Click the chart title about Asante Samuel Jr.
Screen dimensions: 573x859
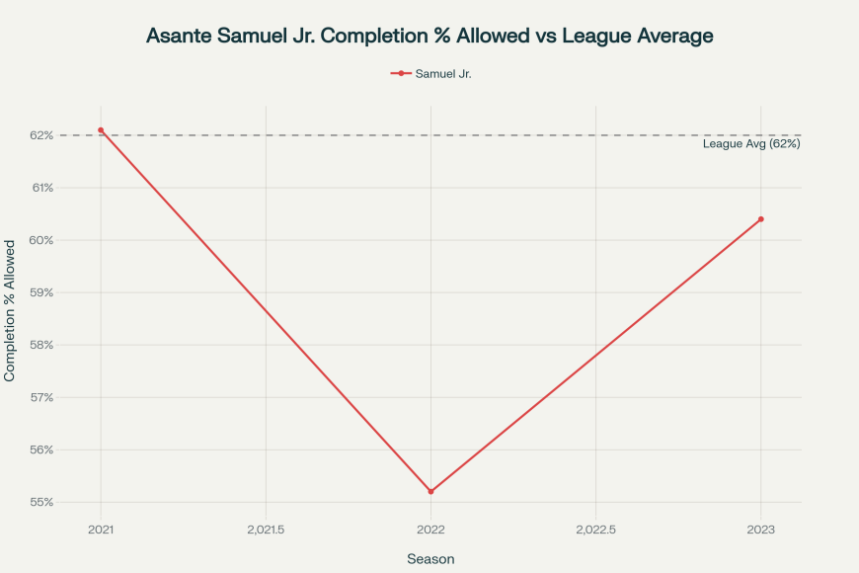click(x=429, y=36)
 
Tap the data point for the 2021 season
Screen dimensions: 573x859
click(x=101, y=130)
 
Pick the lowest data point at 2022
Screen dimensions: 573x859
click(x=430, y=491)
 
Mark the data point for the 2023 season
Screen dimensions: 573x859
click(x=761, y=219)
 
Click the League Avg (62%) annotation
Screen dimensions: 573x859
click(x=750, y=144)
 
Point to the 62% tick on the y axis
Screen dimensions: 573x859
click(x=40, y=135)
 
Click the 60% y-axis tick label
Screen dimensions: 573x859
click(x=40, y=240)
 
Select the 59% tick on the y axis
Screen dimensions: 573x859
click(x=40, y=292)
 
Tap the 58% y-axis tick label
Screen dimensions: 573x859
click(x=40, y=345)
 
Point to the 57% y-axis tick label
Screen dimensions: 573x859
click(x=40, y=397)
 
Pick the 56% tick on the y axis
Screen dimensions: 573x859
click(x=40, y=450)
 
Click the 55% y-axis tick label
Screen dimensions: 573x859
click(x=40, y=502)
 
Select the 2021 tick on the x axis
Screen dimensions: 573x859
click(x=101, y=530)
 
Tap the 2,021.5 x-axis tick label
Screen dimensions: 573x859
click(x=266, y=530)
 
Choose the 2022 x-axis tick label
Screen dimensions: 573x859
click(x=430, y=530)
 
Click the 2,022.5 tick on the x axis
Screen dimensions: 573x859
click(x=595, y=530)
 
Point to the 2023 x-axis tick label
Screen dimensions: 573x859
click(x=761, y=530)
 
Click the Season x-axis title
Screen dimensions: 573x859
click(x=430, y=559)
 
